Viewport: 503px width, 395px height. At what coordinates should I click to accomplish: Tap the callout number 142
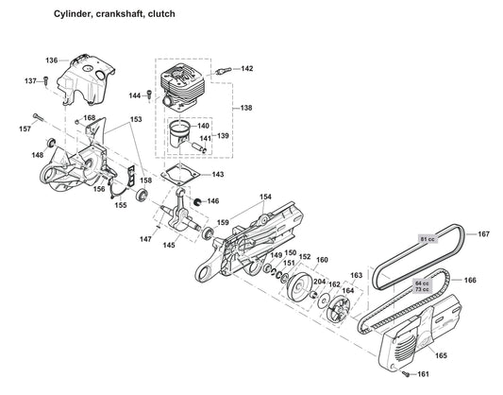[x=246, y=69]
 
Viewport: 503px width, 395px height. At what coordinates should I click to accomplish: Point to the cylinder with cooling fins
[x=185, y=83]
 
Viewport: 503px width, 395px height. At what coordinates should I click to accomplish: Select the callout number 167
[x=483, y=233]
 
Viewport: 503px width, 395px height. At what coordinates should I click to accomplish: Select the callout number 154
[x=265, y=197]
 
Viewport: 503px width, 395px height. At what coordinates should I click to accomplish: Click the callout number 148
[x=38, y=155]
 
